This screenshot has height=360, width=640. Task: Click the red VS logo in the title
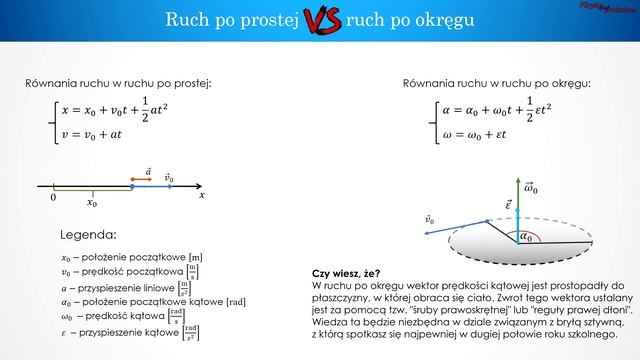tap(320, 19)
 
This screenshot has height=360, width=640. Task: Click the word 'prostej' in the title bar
tap(268, 19)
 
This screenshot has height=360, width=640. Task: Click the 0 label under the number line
tap(53, 198)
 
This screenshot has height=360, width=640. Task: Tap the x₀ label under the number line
tap(92, 202)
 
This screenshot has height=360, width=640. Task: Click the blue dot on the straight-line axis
tap(133, 186)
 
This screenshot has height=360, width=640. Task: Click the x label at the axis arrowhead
tap(201, 197)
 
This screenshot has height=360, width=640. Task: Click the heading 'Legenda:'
tap(88, 235)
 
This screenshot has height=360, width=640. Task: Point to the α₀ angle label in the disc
tap(526, 237)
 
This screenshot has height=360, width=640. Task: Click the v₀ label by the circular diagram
tap(429, 218)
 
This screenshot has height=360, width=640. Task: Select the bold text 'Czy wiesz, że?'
tap(346, 272)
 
